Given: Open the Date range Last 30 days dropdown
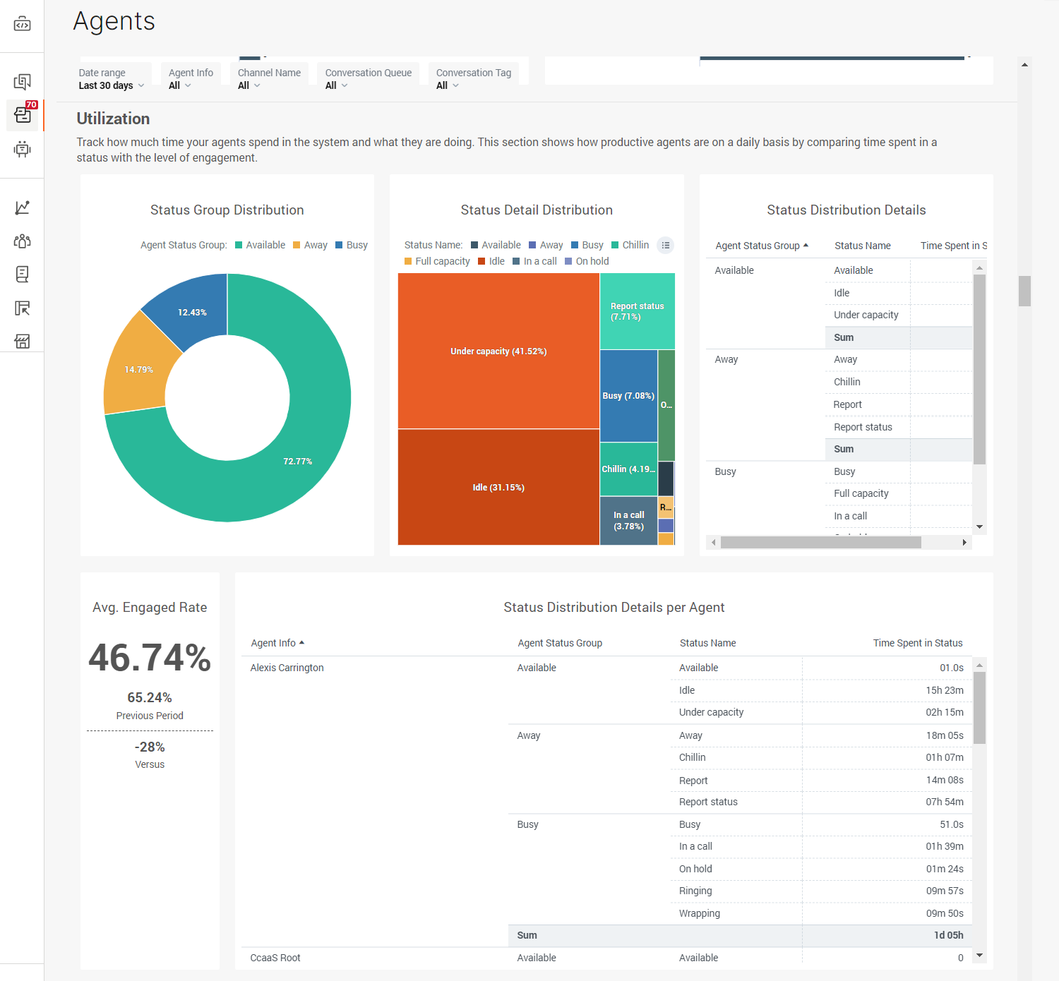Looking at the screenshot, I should pyautogui.click(x=112, y=85).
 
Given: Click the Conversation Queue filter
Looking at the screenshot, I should pyautogui.click(x=368, y=79).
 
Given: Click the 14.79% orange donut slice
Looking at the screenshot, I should pyautogui.click(x=138, y=369).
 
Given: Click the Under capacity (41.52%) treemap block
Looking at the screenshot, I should pyautogui.click(x=498, y=351).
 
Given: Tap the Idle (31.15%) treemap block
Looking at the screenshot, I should pyautogui.click(x=498, y=487).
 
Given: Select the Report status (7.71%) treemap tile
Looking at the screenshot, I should pyautogui.click(x=637, y=311).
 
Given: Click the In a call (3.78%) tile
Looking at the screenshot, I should pyautogui.click(x=628, y=521).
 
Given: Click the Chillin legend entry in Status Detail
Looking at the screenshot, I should pyautogui.click(x=630, y=245).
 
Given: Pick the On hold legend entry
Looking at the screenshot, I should pyautogui.click(x=587, y=261).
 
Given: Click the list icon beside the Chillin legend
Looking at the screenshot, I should pyautogui.click(x=665, y=245).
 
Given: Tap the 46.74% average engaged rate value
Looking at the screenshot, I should pyautogui.click(x=150, y=658).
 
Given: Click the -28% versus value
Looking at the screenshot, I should pyautogui.click(x=150, y=747).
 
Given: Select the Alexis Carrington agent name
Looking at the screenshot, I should pyautogui.click(x=287, y=668).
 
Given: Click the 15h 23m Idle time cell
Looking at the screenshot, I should pyautogui.click(x=944, y=690).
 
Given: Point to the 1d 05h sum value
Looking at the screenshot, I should pyautogui.click(x=948, y=935).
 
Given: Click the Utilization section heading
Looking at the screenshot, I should pyautogui.click(x=113, y=119).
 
